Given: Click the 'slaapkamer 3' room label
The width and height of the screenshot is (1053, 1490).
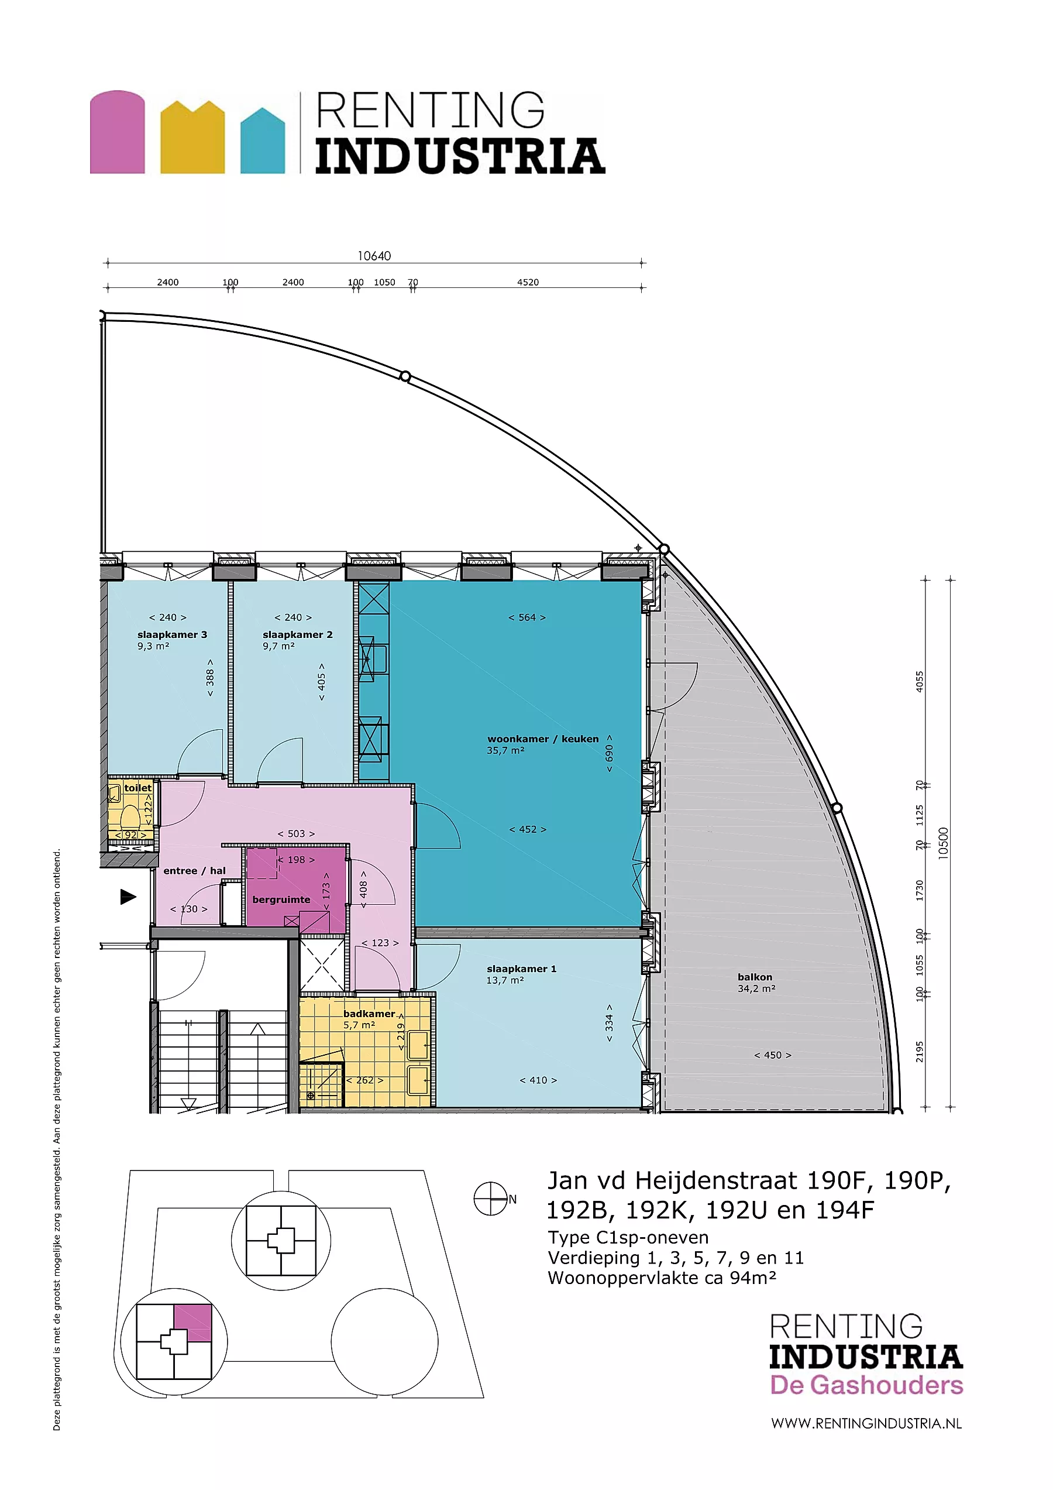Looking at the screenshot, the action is pyautogui.click(x=172, y=634).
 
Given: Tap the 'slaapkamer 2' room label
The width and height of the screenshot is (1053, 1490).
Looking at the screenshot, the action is pyautogui.click(x=297, y=634).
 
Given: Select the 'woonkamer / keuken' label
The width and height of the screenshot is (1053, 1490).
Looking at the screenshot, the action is pyautogui.click(x=543, y=739).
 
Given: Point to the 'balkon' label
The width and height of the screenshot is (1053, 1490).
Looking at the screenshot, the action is pyautogui.click(x=755, y=977).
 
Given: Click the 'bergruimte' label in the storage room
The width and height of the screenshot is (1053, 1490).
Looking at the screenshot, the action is pyautogui.click(x=281, y=900).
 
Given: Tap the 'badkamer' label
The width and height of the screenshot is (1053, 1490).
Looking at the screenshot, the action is pyautogui.click(x=369, y=1014).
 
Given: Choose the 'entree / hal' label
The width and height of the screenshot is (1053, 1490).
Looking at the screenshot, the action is pyautogui.click(x=195, y=871).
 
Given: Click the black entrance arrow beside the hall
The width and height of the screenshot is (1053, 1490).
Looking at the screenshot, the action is pyautogui.click(x=129, y=897).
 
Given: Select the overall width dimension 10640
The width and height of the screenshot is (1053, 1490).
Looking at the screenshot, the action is pyautogui.click(x=374, y=256).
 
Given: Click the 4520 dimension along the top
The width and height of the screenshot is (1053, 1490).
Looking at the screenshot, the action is pyautogui.click(x=528, y=282).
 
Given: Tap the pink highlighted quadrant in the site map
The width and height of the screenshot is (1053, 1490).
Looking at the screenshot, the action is pyautogui.click(x=192, y=1323).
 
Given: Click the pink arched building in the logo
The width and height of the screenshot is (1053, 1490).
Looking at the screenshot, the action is pyautogui.click(x=118, y=132).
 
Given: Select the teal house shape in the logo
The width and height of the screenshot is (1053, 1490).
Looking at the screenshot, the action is pyautogui.click(x=263, y=141).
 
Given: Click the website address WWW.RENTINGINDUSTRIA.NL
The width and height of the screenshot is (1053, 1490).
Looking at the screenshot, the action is pyautogui.click(x=866, y=1423).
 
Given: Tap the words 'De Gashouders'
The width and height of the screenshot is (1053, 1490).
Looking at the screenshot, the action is pyautogui.click(x=866, y=1385).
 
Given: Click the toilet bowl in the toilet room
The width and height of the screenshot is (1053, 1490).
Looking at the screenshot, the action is pyautogui.click(x=130, y=815).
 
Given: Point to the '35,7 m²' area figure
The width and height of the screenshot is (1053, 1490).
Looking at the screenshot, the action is pyautogui.click(x=505, y=750).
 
